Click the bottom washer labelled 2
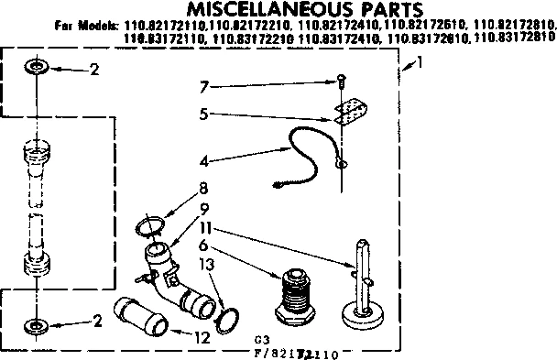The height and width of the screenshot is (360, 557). tap(36, 323)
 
